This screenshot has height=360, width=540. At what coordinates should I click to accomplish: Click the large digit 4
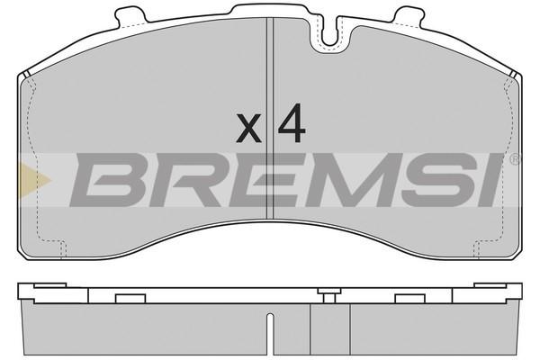pos(292,122)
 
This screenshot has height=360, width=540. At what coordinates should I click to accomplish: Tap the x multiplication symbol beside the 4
pos(248,129)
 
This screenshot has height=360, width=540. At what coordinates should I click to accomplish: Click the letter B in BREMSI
pos(110,180)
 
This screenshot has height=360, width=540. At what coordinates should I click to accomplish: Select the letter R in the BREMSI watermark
pos(189,180)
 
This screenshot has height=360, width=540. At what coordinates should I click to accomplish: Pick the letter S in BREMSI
pos(438,180)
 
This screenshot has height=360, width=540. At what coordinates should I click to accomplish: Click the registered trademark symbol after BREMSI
pos(515,159)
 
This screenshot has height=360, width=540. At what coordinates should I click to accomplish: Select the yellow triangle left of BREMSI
pos(35,180)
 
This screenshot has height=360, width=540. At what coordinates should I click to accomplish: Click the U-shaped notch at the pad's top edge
pos(329,32)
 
